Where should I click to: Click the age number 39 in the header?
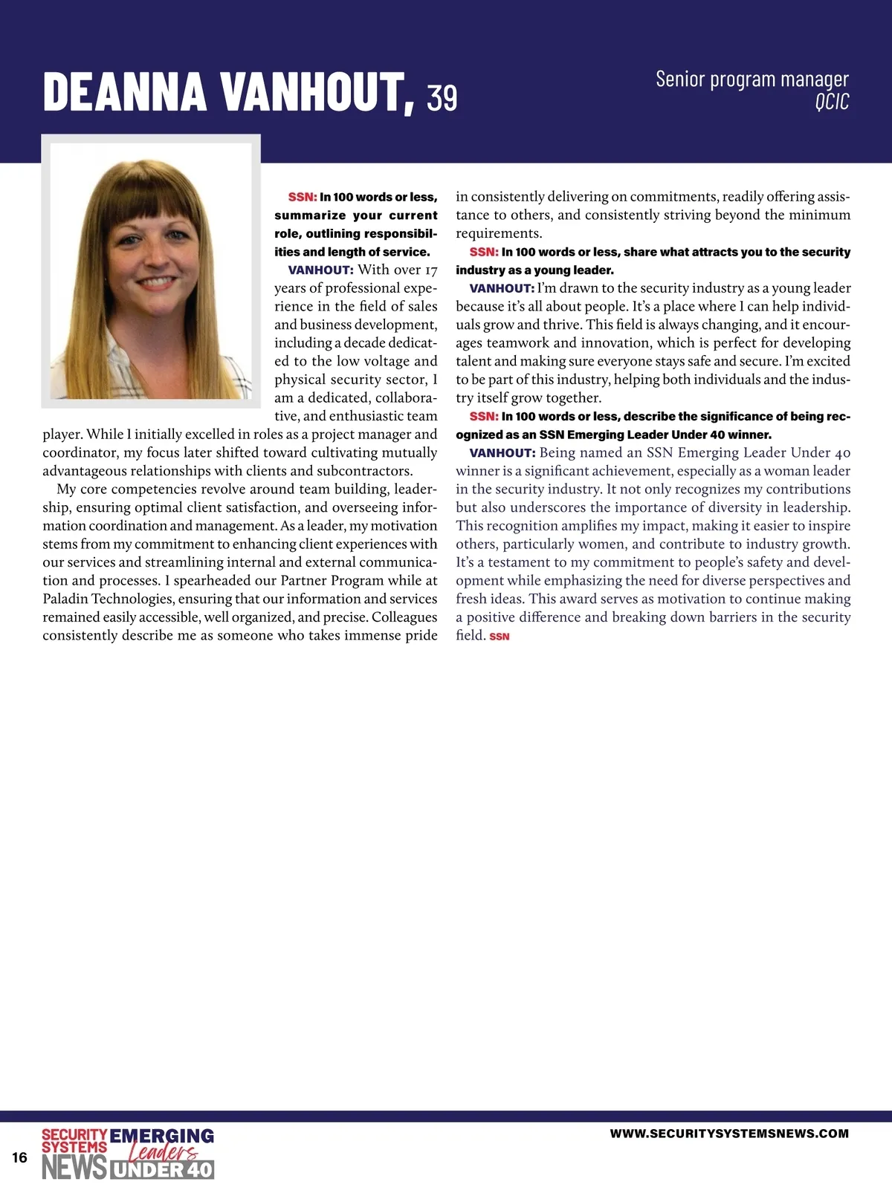[442, 98]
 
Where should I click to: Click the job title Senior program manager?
[752, 79]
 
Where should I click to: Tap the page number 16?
[19, 1157]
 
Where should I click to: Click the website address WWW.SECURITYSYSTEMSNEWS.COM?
[729, 1134]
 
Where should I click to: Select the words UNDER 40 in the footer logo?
[162, 1170]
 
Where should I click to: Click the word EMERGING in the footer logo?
[161, 1136]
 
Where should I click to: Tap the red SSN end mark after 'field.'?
[500, 637]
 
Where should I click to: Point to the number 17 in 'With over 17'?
[430, 270]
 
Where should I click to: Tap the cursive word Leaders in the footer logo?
[164, 1152]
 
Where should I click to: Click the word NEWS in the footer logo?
[74, 1168]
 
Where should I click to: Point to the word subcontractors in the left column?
[363, 471]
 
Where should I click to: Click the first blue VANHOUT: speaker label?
[320, 270]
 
